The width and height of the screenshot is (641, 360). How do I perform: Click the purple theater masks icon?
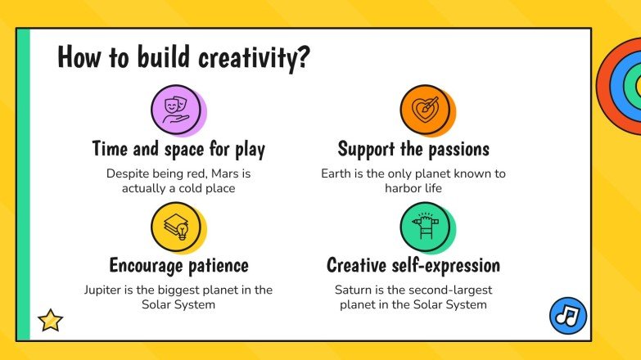(176, 110)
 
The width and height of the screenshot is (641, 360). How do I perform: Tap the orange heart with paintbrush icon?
(425, 110)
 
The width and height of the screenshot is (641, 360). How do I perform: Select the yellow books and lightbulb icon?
(176, 227)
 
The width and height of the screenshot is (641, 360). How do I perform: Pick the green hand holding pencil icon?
(425, 227)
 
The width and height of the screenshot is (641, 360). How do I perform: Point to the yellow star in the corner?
(51, 320)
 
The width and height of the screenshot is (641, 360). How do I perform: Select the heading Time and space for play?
(178, 149)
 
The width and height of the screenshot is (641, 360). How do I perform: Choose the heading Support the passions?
(413, 149)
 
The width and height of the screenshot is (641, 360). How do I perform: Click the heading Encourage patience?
(178, 265)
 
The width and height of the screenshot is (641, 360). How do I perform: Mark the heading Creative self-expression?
(413, 265)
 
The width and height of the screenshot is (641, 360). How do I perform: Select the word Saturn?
(354, 290)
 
